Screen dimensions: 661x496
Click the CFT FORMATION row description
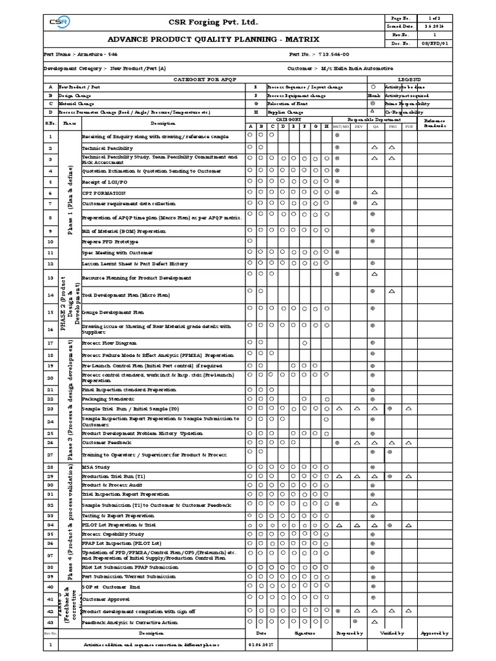[x=104, y=193]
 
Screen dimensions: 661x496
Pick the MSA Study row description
[x=96, y=467]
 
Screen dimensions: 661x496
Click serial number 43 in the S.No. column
[x=50, y=622]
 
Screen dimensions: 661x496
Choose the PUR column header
[x=408, y=127]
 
